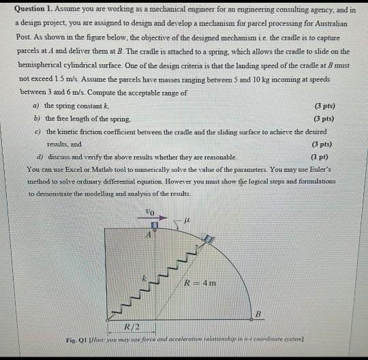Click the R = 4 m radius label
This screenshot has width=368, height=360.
(x=201, y=283)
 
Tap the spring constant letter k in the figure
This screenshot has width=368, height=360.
(x=144, y=277)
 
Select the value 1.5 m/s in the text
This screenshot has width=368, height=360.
(x=65, y=78)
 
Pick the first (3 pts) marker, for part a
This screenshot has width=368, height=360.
(x=324, y=106)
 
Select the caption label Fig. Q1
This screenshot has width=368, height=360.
(x=76, y=339)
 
